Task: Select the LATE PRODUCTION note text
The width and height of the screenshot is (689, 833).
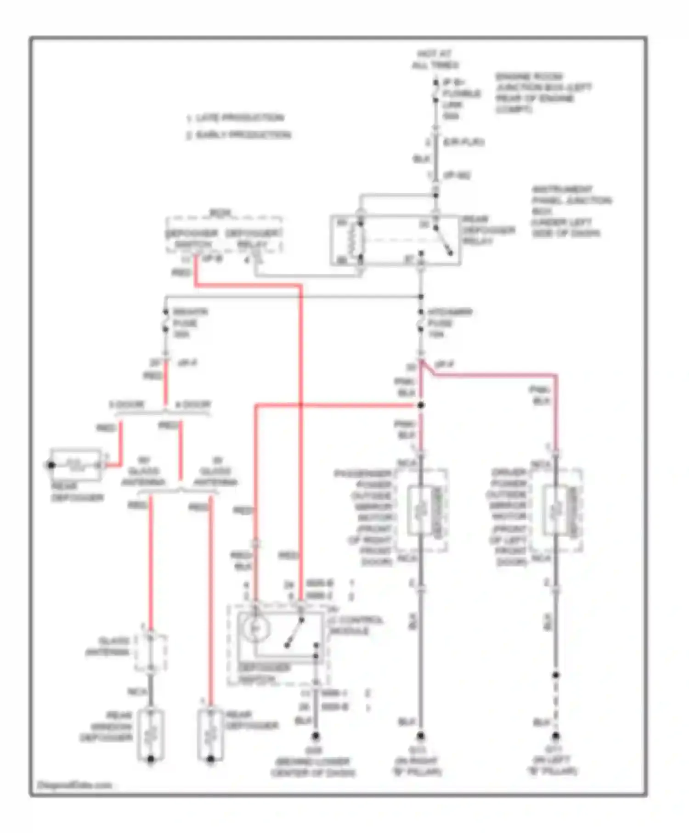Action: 235,118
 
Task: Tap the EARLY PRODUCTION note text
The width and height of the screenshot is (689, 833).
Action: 238,135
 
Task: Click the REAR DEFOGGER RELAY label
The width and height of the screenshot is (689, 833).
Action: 488,230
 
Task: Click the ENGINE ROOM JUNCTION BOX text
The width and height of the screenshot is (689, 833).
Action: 542,93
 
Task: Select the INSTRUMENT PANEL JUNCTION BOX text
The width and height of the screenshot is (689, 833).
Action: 571,211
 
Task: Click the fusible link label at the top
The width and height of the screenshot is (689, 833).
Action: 461,99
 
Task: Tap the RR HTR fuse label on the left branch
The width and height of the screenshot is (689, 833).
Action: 189,323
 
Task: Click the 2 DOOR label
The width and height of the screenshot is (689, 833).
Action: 127,405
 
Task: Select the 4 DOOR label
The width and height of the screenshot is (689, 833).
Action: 193,405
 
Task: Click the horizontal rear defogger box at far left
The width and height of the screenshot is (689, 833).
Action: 76,465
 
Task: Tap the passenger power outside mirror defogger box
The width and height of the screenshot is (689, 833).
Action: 427,510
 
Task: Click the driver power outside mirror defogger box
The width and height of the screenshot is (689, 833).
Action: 562,510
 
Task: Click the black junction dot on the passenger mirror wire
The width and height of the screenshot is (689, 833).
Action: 421,405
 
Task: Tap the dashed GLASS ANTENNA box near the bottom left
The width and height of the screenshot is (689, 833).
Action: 150,652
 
